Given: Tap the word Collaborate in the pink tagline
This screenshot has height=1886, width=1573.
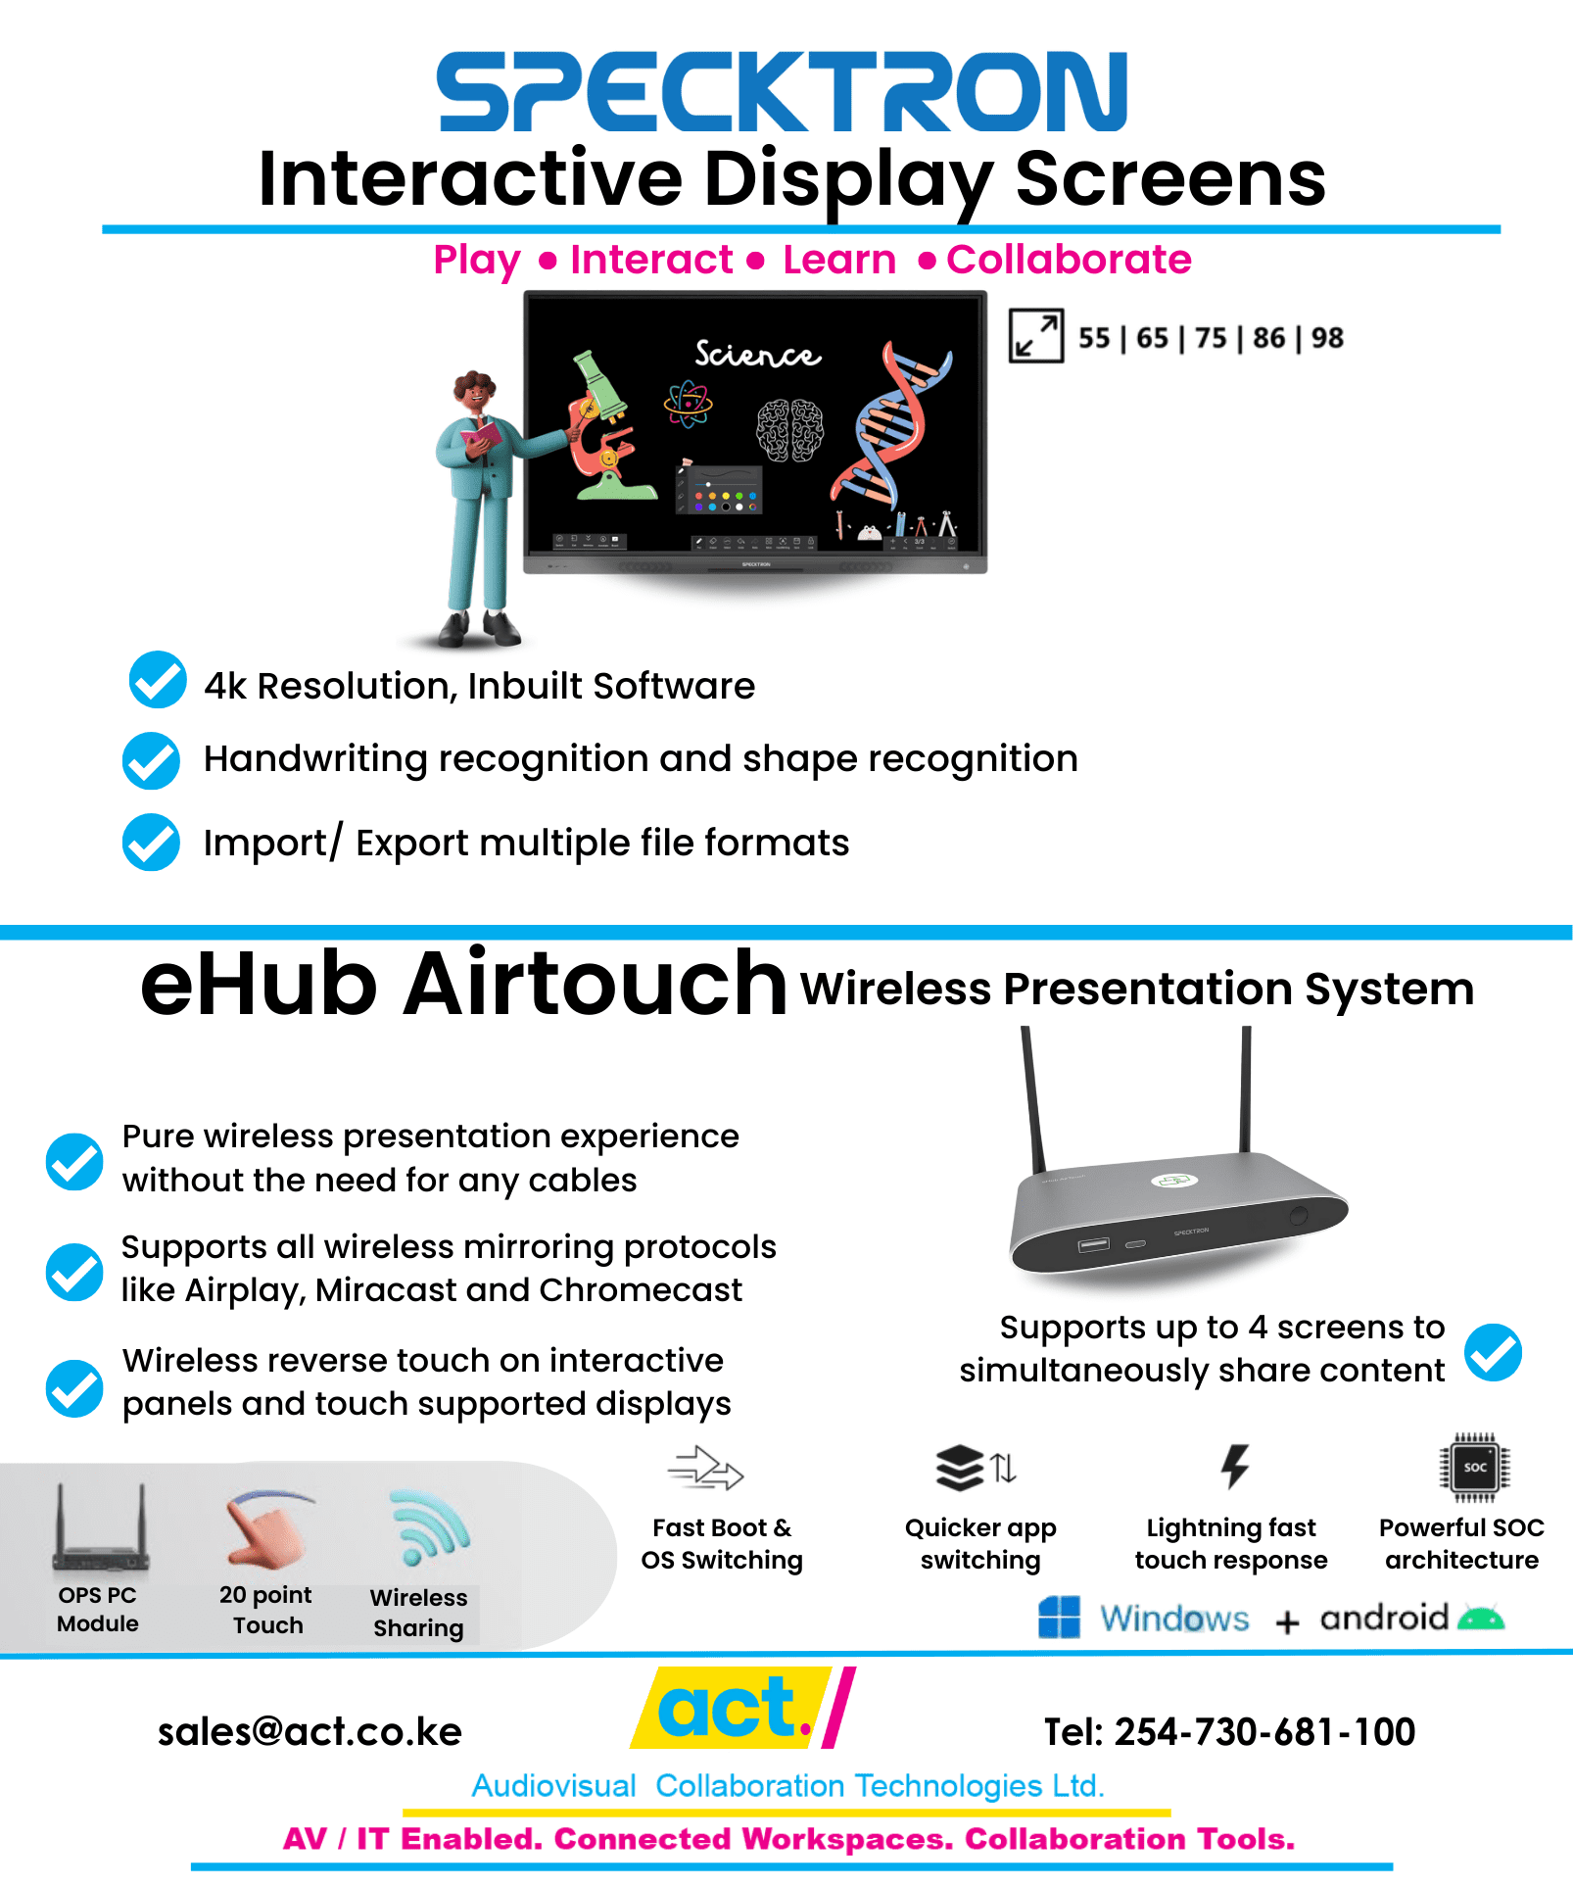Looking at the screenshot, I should click(1069, 260).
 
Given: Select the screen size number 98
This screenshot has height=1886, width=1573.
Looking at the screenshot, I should click(1327, 338).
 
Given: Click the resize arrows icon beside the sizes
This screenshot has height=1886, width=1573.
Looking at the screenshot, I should click(1036, 336).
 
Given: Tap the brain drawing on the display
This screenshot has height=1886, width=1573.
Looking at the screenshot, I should click(789, 430).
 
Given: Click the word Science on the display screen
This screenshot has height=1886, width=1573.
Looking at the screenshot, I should click(757, 354).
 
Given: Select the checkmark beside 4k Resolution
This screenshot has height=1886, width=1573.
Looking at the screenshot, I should click(158, 680).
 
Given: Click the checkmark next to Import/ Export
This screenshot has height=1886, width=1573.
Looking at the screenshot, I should click(152, 843).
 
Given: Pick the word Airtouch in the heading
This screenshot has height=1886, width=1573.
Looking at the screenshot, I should click(595, 984).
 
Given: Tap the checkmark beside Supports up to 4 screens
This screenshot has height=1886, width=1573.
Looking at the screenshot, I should click(1493, 1352).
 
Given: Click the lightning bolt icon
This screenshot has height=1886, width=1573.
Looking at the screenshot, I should click(1234, 1467).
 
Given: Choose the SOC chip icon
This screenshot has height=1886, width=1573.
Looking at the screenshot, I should click(1474, 1467).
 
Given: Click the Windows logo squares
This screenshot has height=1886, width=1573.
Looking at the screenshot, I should click(1059, 1617).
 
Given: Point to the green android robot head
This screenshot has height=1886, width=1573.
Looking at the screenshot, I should click(1480, 1619).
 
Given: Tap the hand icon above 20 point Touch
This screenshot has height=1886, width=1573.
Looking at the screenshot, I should click(264, 1528).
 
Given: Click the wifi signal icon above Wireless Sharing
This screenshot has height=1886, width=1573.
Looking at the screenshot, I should click(428, 1528).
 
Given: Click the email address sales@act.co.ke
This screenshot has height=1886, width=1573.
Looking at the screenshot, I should click(310, 1732).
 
